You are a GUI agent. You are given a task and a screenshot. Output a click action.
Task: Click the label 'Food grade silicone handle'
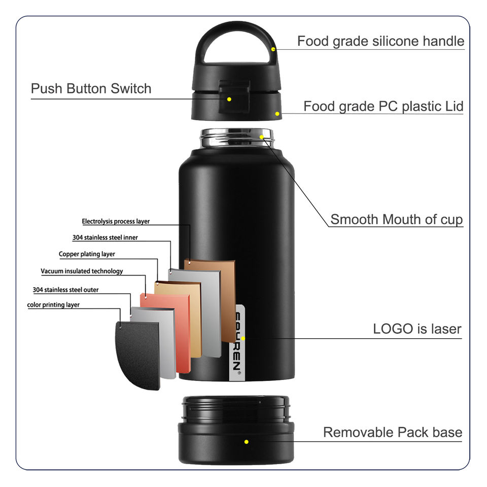(x=380, y=41)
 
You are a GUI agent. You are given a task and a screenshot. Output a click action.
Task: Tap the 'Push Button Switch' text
(x=91, y=89)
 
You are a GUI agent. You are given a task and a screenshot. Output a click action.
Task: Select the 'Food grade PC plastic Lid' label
(x=383, y=107)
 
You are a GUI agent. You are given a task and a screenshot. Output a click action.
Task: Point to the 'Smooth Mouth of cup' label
(x=396, y=220)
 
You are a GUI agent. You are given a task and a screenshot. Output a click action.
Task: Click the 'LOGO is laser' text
(x=417, y=329)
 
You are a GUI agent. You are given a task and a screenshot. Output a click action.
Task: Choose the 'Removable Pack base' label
(x=393, y=432)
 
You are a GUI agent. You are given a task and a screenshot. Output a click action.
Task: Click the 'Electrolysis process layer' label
(x=116, y=221)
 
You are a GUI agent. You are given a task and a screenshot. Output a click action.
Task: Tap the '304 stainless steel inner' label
(x=105, y=237)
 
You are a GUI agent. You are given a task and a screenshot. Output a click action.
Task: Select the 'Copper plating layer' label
(x=87, y=254)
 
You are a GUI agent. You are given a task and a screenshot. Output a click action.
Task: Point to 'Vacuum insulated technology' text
(x=82, y=271)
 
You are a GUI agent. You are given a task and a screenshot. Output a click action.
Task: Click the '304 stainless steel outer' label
(x=65, y=290)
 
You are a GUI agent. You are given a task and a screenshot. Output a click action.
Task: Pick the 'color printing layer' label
(x=53, y=305)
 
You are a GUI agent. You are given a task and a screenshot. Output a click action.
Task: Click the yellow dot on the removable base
(x=247, y=442)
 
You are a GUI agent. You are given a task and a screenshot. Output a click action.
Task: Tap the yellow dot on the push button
(x=229, y=99)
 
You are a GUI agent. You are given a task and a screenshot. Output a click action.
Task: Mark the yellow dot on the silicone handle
(x=273, y=49)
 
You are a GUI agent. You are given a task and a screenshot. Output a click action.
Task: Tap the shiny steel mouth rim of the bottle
(x=237, y=137)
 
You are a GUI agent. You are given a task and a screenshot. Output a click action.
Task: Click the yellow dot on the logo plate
(x=243, y=338)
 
